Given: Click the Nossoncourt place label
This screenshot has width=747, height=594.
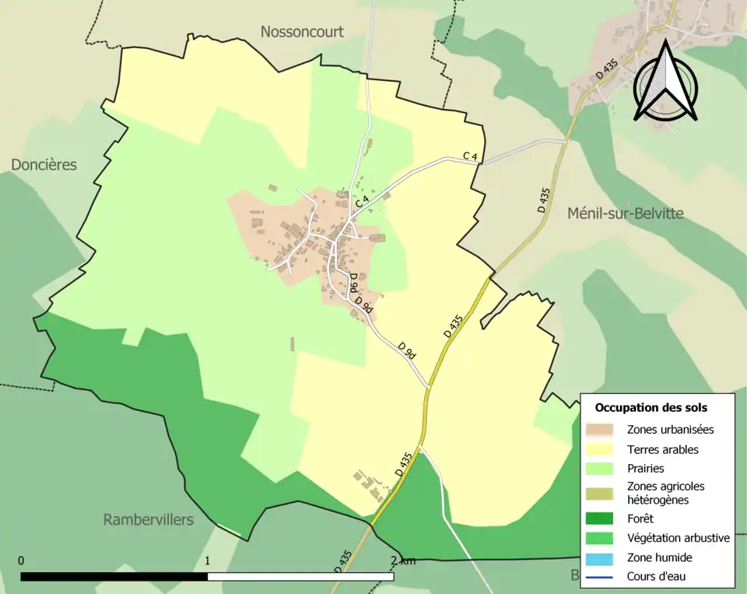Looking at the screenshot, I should tap(302, 32).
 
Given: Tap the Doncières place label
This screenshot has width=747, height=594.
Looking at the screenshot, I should tap(44, 165).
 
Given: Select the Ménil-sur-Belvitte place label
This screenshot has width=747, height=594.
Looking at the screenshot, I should tap(625, 213).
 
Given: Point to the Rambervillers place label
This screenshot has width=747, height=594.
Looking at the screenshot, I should tap(148, 519).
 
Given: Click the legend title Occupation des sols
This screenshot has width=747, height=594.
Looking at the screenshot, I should tap(651, 407).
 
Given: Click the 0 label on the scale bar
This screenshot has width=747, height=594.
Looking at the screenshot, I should tap(21, 561).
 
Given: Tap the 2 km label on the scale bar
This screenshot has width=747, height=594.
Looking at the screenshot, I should tap(403, 561).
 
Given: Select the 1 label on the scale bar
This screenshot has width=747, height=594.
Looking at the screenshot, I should tap(208, 561).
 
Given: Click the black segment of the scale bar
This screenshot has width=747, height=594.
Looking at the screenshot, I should tap(114, 577).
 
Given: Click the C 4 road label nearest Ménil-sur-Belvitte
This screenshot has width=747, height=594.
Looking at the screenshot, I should tap(469, 156).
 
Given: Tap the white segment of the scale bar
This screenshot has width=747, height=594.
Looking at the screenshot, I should tap(300, 577).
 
